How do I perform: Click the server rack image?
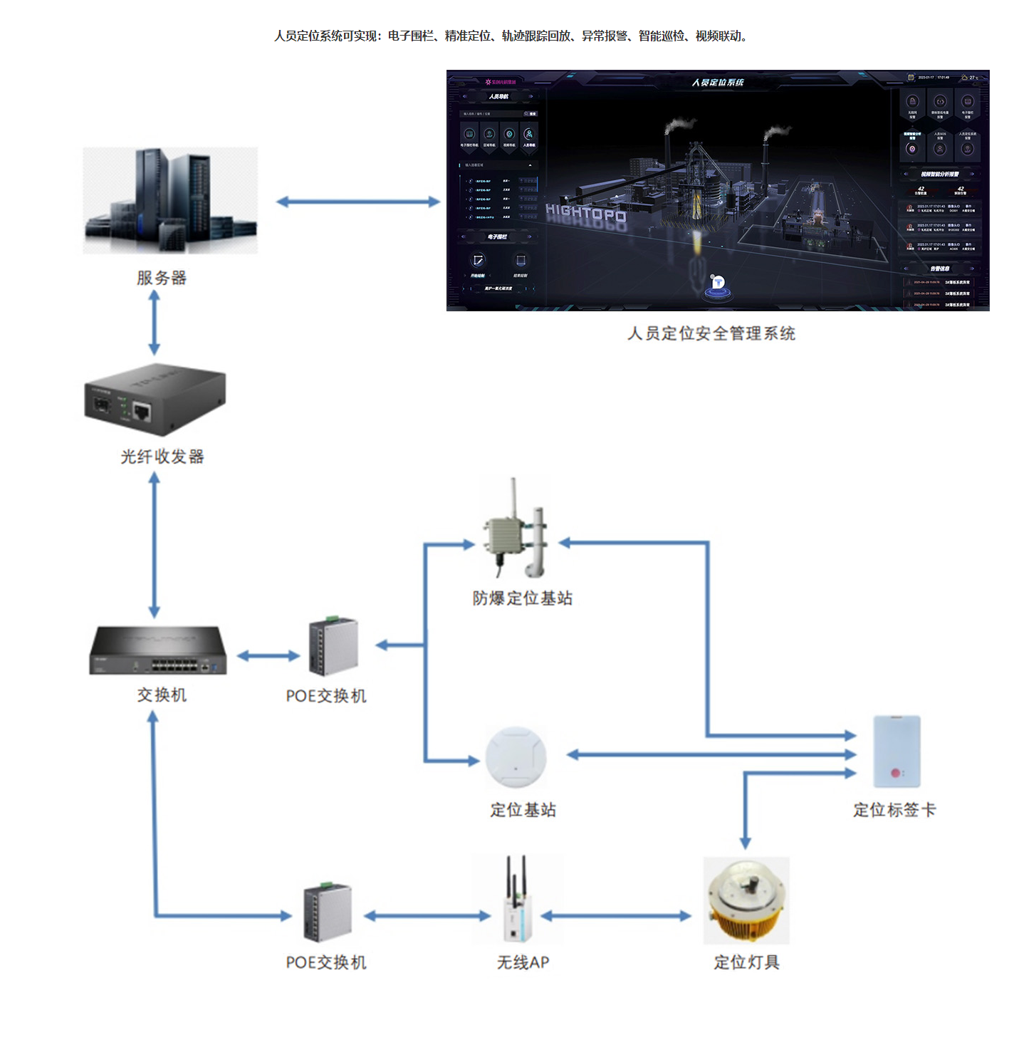[x=170, y=201]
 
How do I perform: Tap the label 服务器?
[x=162, y=278]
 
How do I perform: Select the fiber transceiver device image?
[x=155, y=400]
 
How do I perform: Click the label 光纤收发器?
[x=162, y=457]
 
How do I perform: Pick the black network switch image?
[x=157, y=650]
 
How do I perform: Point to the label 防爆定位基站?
[x=523, y=598]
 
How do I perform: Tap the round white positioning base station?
[x=516, y=757]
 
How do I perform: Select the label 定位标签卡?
[x=894, y=810]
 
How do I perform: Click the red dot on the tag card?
[x=895, y=773]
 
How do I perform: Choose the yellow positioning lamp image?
[x=746, y=900]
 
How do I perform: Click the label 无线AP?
[x=523, y=962]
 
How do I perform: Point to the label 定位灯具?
[x=746, y=962]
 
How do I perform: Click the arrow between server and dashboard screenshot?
[x=358, y=202]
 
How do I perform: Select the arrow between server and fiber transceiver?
[x=154, y=322]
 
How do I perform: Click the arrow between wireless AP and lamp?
[x=617, y=916]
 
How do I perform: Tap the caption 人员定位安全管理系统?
[x=711, y=333]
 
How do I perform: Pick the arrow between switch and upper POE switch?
[x=268, y=655]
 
